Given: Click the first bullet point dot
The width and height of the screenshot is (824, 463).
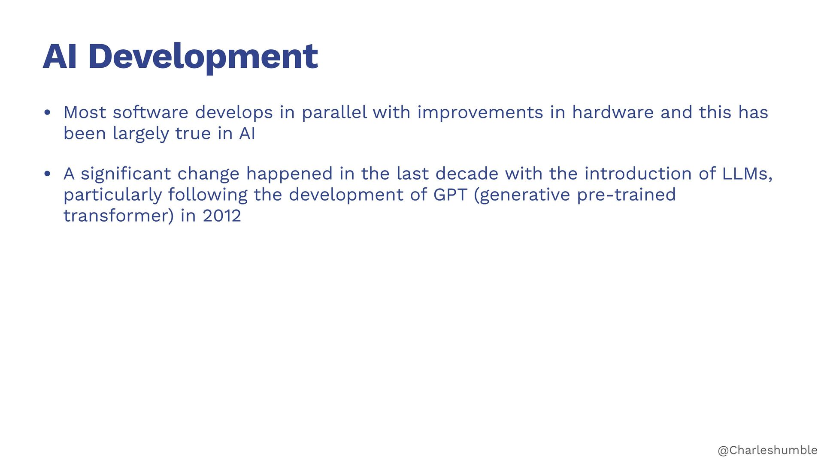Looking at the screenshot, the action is point(47,113).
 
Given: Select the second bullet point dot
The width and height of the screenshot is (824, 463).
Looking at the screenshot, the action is point(47,174).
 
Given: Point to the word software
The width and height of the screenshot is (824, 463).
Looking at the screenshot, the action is point(150,112).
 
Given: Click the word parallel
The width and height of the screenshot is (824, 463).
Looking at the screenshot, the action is point(334,112).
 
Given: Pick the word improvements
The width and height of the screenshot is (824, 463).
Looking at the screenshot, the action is point(480,113).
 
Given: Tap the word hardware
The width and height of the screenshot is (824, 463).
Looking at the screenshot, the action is point(613,112).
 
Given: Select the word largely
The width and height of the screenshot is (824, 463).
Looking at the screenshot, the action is point(141,134).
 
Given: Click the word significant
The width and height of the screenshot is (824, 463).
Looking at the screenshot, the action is point(126,174).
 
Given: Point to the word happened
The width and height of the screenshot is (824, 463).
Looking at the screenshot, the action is point(289,174).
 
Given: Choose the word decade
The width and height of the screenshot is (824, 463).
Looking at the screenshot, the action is point(467,174).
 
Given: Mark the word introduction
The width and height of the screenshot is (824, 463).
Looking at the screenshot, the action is point(638,174).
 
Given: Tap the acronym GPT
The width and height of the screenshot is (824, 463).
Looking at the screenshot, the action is point(450,195).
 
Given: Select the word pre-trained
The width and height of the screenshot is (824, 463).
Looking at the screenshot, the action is point(626,195).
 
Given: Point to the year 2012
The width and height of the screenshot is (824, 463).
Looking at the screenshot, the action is point(222,216).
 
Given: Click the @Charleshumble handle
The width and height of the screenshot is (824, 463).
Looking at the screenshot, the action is point(768,450).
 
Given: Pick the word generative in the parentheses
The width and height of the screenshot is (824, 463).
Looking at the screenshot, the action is point(525,195).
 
